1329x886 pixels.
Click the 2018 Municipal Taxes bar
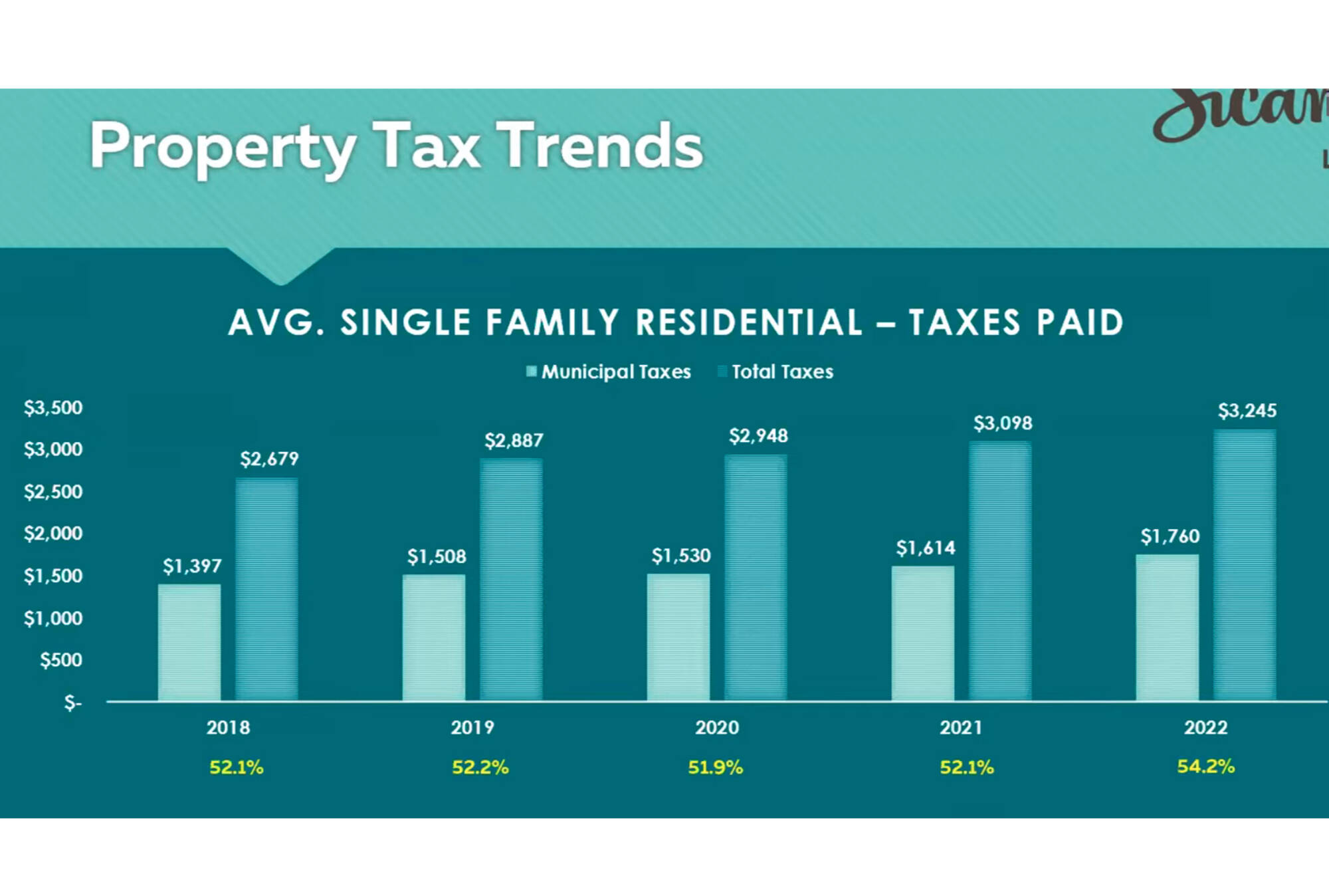tap(189, 642)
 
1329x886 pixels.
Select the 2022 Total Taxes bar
tap(1245, 565)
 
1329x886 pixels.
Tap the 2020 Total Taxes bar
tap(756, 577)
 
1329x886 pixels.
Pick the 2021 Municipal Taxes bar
tap(923, 633)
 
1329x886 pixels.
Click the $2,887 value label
tap(514, 441)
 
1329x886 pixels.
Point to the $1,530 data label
tap(681, 556)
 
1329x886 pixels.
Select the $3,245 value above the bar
tap(1247, 411)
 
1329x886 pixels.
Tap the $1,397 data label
tap(192, 566)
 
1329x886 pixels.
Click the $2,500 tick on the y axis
tap(53, 492)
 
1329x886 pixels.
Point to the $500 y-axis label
tap(61, 660)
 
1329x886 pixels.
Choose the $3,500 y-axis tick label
tap(53, 407)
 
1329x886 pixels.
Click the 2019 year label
tap(472, 728)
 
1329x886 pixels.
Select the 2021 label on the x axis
tap(961, 728)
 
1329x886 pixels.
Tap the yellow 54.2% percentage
tap(1205, 766)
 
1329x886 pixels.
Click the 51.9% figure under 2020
tap(715, 768)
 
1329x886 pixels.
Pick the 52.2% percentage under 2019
tap(480, 768)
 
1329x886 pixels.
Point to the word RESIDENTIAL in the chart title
tap(749, 322)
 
